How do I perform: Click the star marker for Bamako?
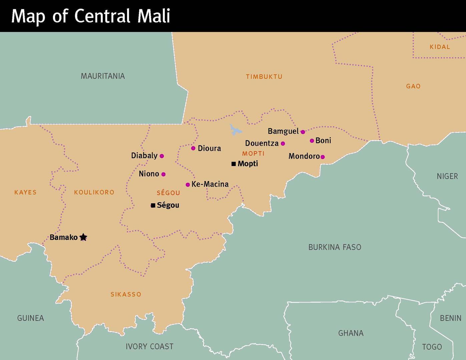(83, 237)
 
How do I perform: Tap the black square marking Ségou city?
(153, 205)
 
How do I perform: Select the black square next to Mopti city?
(234, 164)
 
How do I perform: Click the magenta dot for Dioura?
(193, 148)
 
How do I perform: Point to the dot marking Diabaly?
(162, 156)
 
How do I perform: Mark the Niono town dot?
(163, 174)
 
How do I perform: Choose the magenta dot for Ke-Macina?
(188, 185)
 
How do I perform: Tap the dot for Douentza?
(283, 144)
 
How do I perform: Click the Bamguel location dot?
(303, 132)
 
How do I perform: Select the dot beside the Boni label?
(312, 141)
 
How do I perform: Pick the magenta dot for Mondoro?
(323, 157)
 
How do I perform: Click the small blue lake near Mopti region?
(236, 130)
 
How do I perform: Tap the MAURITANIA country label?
(103, 76)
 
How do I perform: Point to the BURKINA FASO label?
(335, 247)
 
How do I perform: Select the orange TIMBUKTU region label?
(264, 77)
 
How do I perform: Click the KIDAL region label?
(440, 47)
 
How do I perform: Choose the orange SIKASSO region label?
(126, 294)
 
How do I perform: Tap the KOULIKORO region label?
(94, 192)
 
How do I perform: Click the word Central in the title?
(102, 16)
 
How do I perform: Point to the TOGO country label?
(432, 347)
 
